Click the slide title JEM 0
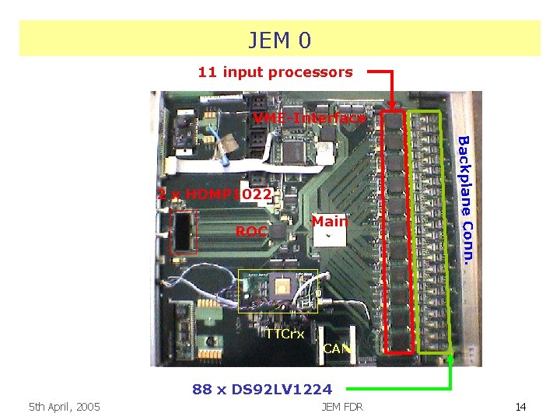pyautogui.click(x=279, y=39)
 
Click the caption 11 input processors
pyautogui.click(x=275, y=72)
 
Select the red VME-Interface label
pyautogui.click(x=310, y=118)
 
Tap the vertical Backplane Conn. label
pyautogui.click(x=464, y=199)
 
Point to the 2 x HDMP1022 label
pyautogui.click(x=215, y=194)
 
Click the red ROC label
pyautogui.click(x=251, y=231)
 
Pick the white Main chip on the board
pyautogui.click(x=330, y=236)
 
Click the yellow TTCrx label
pyautogui.click(x=285, y=334)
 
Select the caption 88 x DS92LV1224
pyautogui.click(x=262, y=389)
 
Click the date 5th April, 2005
pyautogui.click(x=64, y=406)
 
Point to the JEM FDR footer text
pyautogui.click(x=341, y=406)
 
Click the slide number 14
pyautogui.click(x=520, y=406)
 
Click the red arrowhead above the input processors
pyautogui.click(x=392, y=105)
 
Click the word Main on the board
pyautogui.click(x=330, y=222)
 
